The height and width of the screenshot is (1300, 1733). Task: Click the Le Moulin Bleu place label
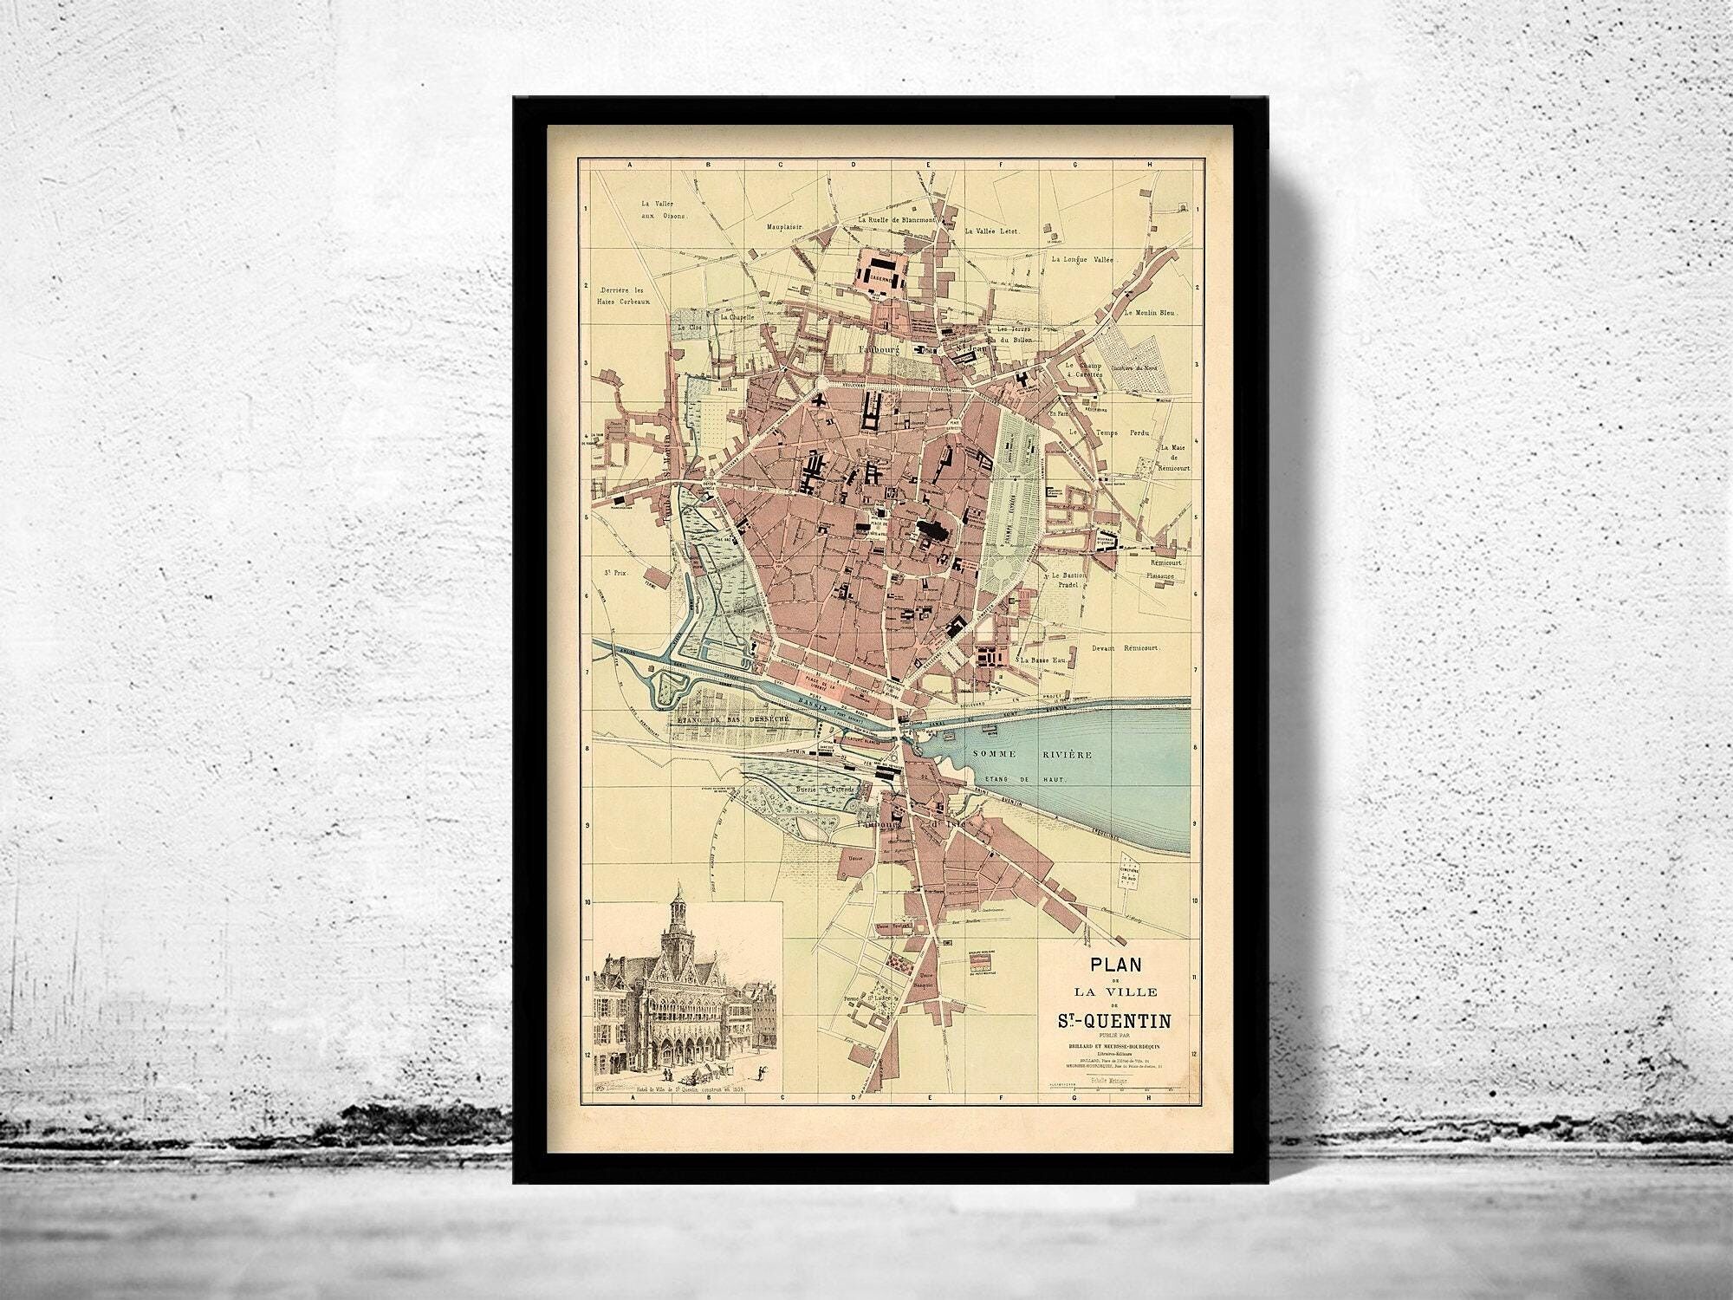coord(1153,312)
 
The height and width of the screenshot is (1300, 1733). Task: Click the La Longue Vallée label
coord(1081,258)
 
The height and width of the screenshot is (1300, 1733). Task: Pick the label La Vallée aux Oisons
coord(664,209)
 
